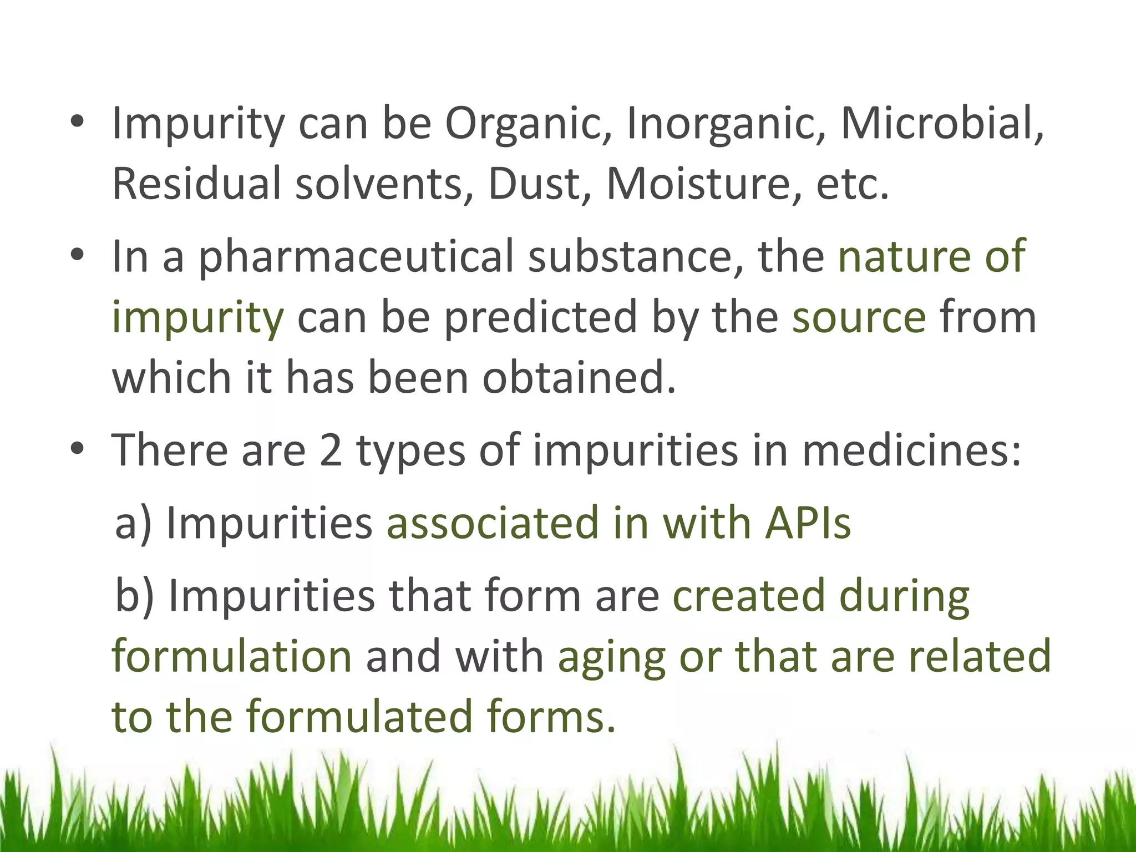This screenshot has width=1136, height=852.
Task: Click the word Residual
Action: tap(197, 183)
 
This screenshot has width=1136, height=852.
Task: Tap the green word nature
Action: tap(904, 256)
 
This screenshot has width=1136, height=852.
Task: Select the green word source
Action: tap(859, 317)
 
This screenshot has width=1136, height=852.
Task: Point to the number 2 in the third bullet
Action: tap(331, 449)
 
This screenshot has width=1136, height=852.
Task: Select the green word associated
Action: tap(493, 523)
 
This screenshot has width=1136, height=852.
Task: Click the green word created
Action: tap(749, 596)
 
